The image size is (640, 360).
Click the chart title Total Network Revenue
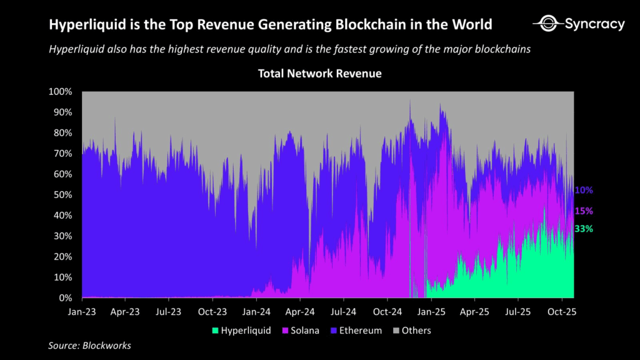click(319, 74)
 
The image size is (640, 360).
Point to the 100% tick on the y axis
click(61, 92)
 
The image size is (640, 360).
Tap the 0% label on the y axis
click(66, 298)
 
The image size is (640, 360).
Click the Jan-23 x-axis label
click(82, 311)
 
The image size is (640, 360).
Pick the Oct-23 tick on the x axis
click(212, 311)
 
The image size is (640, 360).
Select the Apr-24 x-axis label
click(300, 311)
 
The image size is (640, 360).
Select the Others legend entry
click(412, 330)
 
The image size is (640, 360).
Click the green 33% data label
click(584, 229)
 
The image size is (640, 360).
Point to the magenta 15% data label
click(584, 211)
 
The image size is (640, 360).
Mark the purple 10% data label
click(584, 190)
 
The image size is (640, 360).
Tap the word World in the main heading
click(471, 25)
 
